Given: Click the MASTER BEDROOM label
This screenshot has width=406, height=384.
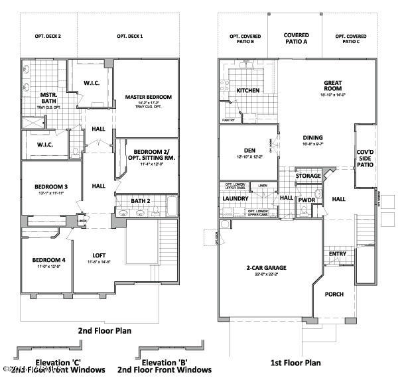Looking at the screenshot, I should (148, 97).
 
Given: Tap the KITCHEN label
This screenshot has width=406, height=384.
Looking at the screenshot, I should (247, 90).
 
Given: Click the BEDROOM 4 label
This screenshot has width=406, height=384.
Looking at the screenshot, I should (46, 259).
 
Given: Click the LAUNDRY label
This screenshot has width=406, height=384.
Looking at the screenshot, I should (236, 198).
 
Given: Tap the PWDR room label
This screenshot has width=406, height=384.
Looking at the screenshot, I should (306, 199).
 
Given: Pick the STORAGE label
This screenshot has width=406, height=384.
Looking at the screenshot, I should (308, 176).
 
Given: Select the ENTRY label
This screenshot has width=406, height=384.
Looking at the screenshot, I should (337, 254).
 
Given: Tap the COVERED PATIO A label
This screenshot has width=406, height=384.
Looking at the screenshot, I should (296, 38).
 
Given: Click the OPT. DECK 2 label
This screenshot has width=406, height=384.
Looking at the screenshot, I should (48, 36).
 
